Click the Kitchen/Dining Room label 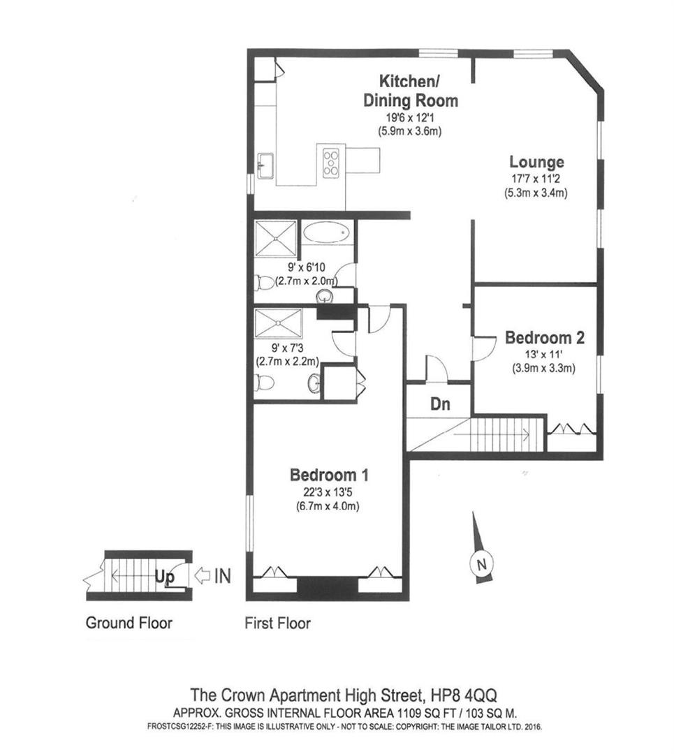pos(410,90)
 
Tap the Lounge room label pos(536,163)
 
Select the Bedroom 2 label pos(544,338)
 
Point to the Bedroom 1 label pos(329,475)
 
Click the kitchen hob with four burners pos(330,163)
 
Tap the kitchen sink pos(265,166)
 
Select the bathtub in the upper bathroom pos(326,232)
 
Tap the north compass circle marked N pos(481,563)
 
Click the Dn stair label pos(439,404)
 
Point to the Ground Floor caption pos(129,622)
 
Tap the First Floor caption pos(277,622)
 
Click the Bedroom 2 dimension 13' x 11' pos(544,354)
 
